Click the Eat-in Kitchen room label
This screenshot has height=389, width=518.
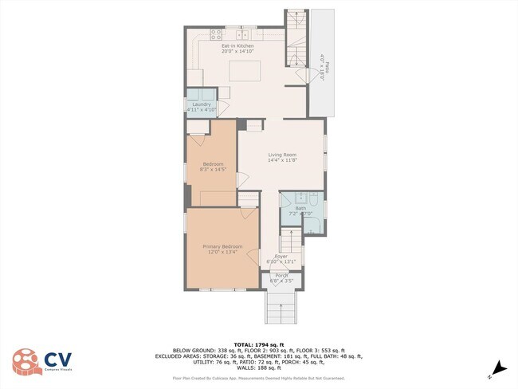(x=237, y=49)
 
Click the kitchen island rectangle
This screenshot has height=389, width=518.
(x=246, y=70)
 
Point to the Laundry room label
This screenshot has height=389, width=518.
(x=201, y=107)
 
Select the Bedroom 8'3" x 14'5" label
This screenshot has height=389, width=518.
(x=212, y=167)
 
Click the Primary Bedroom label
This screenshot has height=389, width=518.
(x=221, y=250)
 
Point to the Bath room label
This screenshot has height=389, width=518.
(x=300, y=210)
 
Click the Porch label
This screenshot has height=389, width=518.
(x=282, y=278)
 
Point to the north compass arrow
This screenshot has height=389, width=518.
(x=499, y=367)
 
